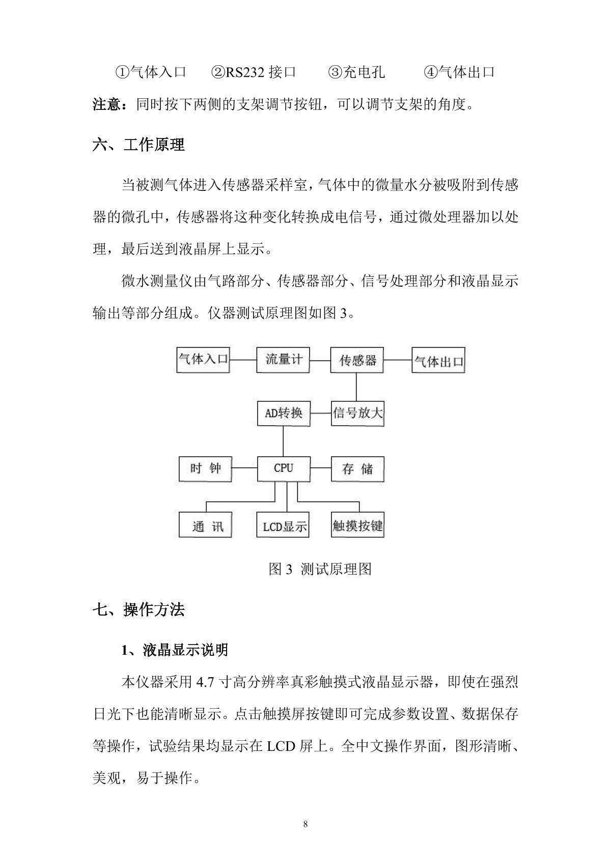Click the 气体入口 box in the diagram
[x=203, y=360]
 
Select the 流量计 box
[x=283, y=360]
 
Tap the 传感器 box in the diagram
[x=357, y=360]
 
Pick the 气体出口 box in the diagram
[x=438, y=361]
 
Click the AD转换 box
[x=283, y=413]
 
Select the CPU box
[x=283, y=468]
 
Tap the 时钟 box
[x=205, y=468]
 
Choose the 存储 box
[x=357, y=469]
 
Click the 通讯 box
[x=205, y=524]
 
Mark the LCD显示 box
[x=283, y=525]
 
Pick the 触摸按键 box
[x=357, y=525]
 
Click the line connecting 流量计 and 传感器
[x=320, y=360]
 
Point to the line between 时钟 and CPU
[x=244, y=468]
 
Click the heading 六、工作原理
[x=138, y=145]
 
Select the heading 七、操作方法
[x=138, y=609]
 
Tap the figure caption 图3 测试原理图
[x=320, y=569]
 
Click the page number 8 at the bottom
[x=305, y=825]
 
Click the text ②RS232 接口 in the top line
[x=254, y=72]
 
